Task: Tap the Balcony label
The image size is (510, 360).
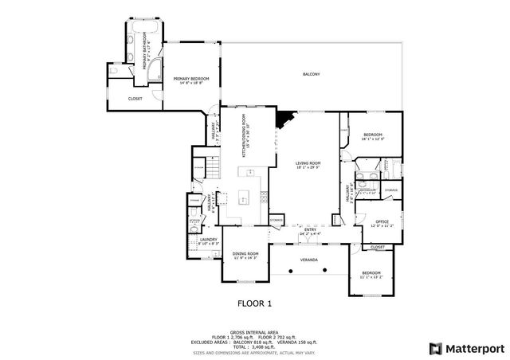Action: coord(311,75)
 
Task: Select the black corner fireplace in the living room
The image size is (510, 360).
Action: coord(283,119)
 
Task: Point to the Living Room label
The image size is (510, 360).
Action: coord(308,164)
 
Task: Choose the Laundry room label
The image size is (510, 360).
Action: coord(209,241)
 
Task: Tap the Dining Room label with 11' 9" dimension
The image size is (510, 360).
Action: coord(245,256)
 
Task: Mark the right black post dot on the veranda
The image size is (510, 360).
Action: coord(328,272)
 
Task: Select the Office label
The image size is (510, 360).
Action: coord(382,223)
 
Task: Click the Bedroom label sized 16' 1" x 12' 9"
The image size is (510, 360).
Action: coord(373,137)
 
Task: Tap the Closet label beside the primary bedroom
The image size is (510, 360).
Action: coord(135,99)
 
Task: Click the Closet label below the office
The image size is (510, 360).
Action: coord(378,247)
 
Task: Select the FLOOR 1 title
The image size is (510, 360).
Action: coord(255,303)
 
